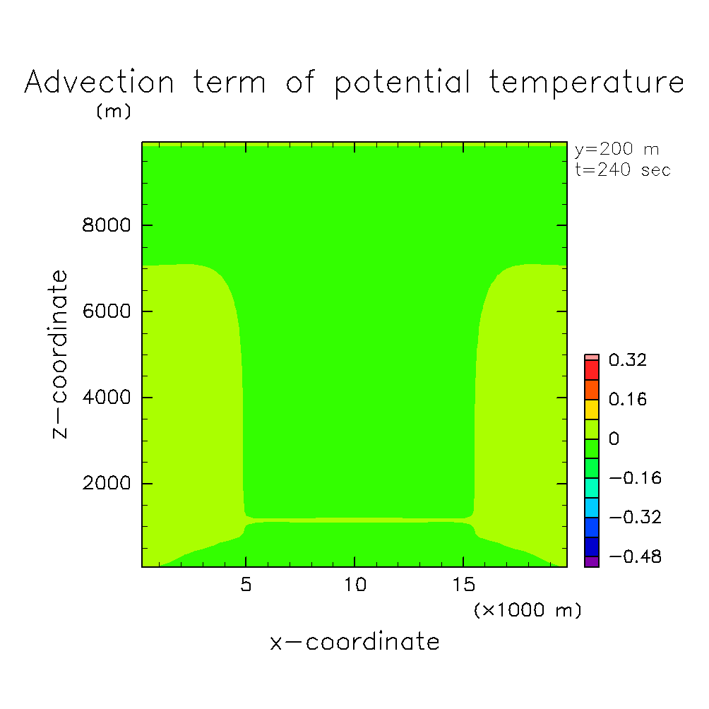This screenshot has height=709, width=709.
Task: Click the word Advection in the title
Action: click(99, 83)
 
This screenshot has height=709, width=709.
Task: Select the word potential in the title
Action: click(403, 83)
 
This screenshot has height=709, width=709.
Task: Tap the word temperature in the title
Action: click(587, 83)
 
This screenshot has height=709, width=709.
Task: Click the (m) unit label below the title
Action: click(114, 111)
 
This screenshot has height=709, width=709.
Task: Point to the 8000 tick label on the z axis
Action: click(106, 225)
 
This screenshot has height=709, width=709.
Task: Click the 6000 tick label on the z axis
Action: click(106, 311)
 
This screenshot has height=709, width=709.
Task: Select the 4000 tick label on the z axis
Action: click(106, 397)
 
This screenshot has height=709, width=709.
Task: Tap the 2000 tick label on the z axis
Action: click(106, 483)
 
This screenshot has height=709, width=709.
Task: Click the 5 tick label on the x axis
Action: click(246, 585)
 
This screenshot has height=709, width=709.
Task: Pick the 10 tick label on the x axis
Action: click(355, 585)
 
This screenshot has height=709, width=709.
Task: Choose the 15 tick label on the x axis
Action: click(464, 585)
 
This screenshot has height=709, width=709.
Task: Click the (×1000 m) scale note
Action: click(528, 610)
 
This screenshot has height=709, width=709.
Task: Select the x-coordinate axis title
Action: click(354, 642)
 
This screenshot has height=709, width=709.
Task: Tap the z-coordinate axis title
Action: click(60, 354)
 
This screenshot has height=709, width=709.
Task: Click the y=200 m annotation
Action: click(616, 149)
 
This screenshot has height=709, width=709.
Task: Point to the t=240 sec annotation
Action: click(623, 170)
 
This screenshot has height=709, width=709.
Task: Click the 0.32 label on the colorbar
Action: click(628, 360)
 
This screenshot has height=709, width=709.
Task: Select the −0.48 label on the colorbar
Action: click(636, 556)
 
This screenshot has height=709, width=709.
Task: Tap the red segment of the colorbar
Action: click(592, 370)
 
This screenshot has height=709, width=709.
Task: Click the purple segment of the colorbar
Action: click(592, 561)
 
